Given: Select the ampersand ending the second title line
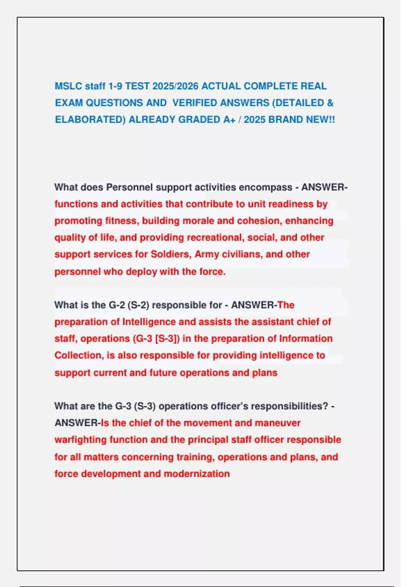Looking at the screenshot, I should coord(330,103).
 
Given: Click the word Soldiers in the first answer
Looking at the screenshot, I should coord(171,254).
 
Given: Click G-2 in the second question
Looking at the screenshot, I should coord(117,305).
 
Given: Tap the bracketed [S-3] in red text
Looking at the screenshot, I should coord(167,338).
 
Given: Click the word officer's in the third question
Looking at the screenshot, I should coord(227,406).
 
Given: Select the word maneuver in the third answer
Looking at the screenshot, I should coord(278,423).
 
